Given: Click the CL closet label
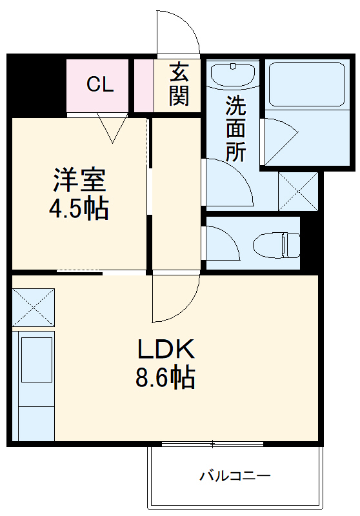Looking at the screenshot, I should pyautogui.click(x=100, y=84).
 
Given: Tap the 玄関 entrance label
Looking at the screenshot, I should pyautogui.click(x=179, y=84).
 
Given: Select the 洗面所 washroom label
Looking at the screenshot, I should pyautogui.click(x=235, y=129).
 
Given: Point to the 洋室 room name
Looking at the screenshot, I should pyautogui.click(x=79, y=179).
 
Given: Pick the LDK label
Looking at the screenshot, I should pyautogui.click(x=165, y=349).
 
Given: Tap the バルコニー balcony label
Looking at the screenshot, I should pyautogui.click(x=235, y=477).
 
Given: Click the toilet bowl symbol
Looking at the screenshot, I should pyautogui.click(x=276, y=245).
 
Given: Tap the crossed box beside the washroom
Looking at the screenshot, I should pyautogui.click(x=297, y=191).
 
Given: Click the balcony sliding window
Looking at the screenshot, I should pyautogui.click(x=212, y=444).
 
